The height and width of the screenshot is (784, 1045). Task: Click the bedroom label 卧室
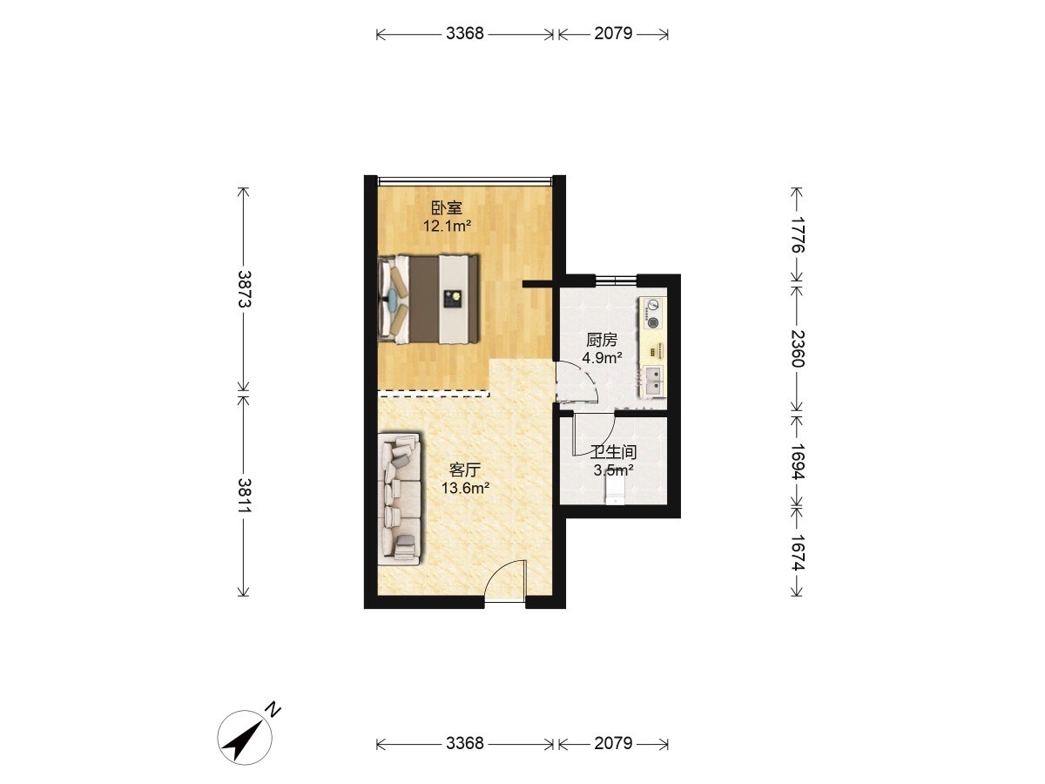(446, 208)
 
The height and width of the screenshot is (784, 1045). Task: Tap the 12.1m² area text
(447, 225)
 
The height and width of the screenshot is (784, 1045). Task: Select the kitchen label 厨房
(602, 340)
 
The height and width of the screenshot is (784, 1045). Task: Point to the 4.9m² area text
(603, 357)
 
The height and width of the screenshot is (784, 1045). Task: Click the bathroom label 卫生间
(613, 452)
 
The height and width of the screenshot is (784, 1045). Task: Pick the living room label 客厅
(465, 470)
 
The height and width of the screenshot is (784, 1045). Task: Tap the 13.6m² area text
(466, 488)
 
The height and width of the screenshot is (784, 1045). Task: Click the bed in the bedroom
(428, 299)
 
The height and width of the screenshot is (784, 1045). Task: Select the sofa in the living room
(400, 499)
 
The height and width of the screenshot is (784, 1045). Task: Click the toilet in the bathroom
(614, 490)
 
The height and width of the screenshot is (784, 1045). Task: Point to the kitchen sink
(653, 381)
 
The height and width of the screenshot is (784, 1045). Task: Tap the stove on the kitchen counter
(653, 313)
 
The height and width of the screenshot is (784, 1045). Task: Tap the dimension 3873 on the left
(244, 288)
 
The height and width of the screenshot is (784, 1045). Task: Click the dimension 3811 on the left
(244, 495)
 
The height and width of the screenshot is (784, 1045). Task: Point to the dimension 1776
(798, 234)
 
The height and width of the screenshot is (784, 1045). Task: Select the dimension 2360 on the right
(798, 349)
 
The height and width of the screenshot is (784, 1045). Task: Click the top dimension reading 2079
(613, 33)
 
